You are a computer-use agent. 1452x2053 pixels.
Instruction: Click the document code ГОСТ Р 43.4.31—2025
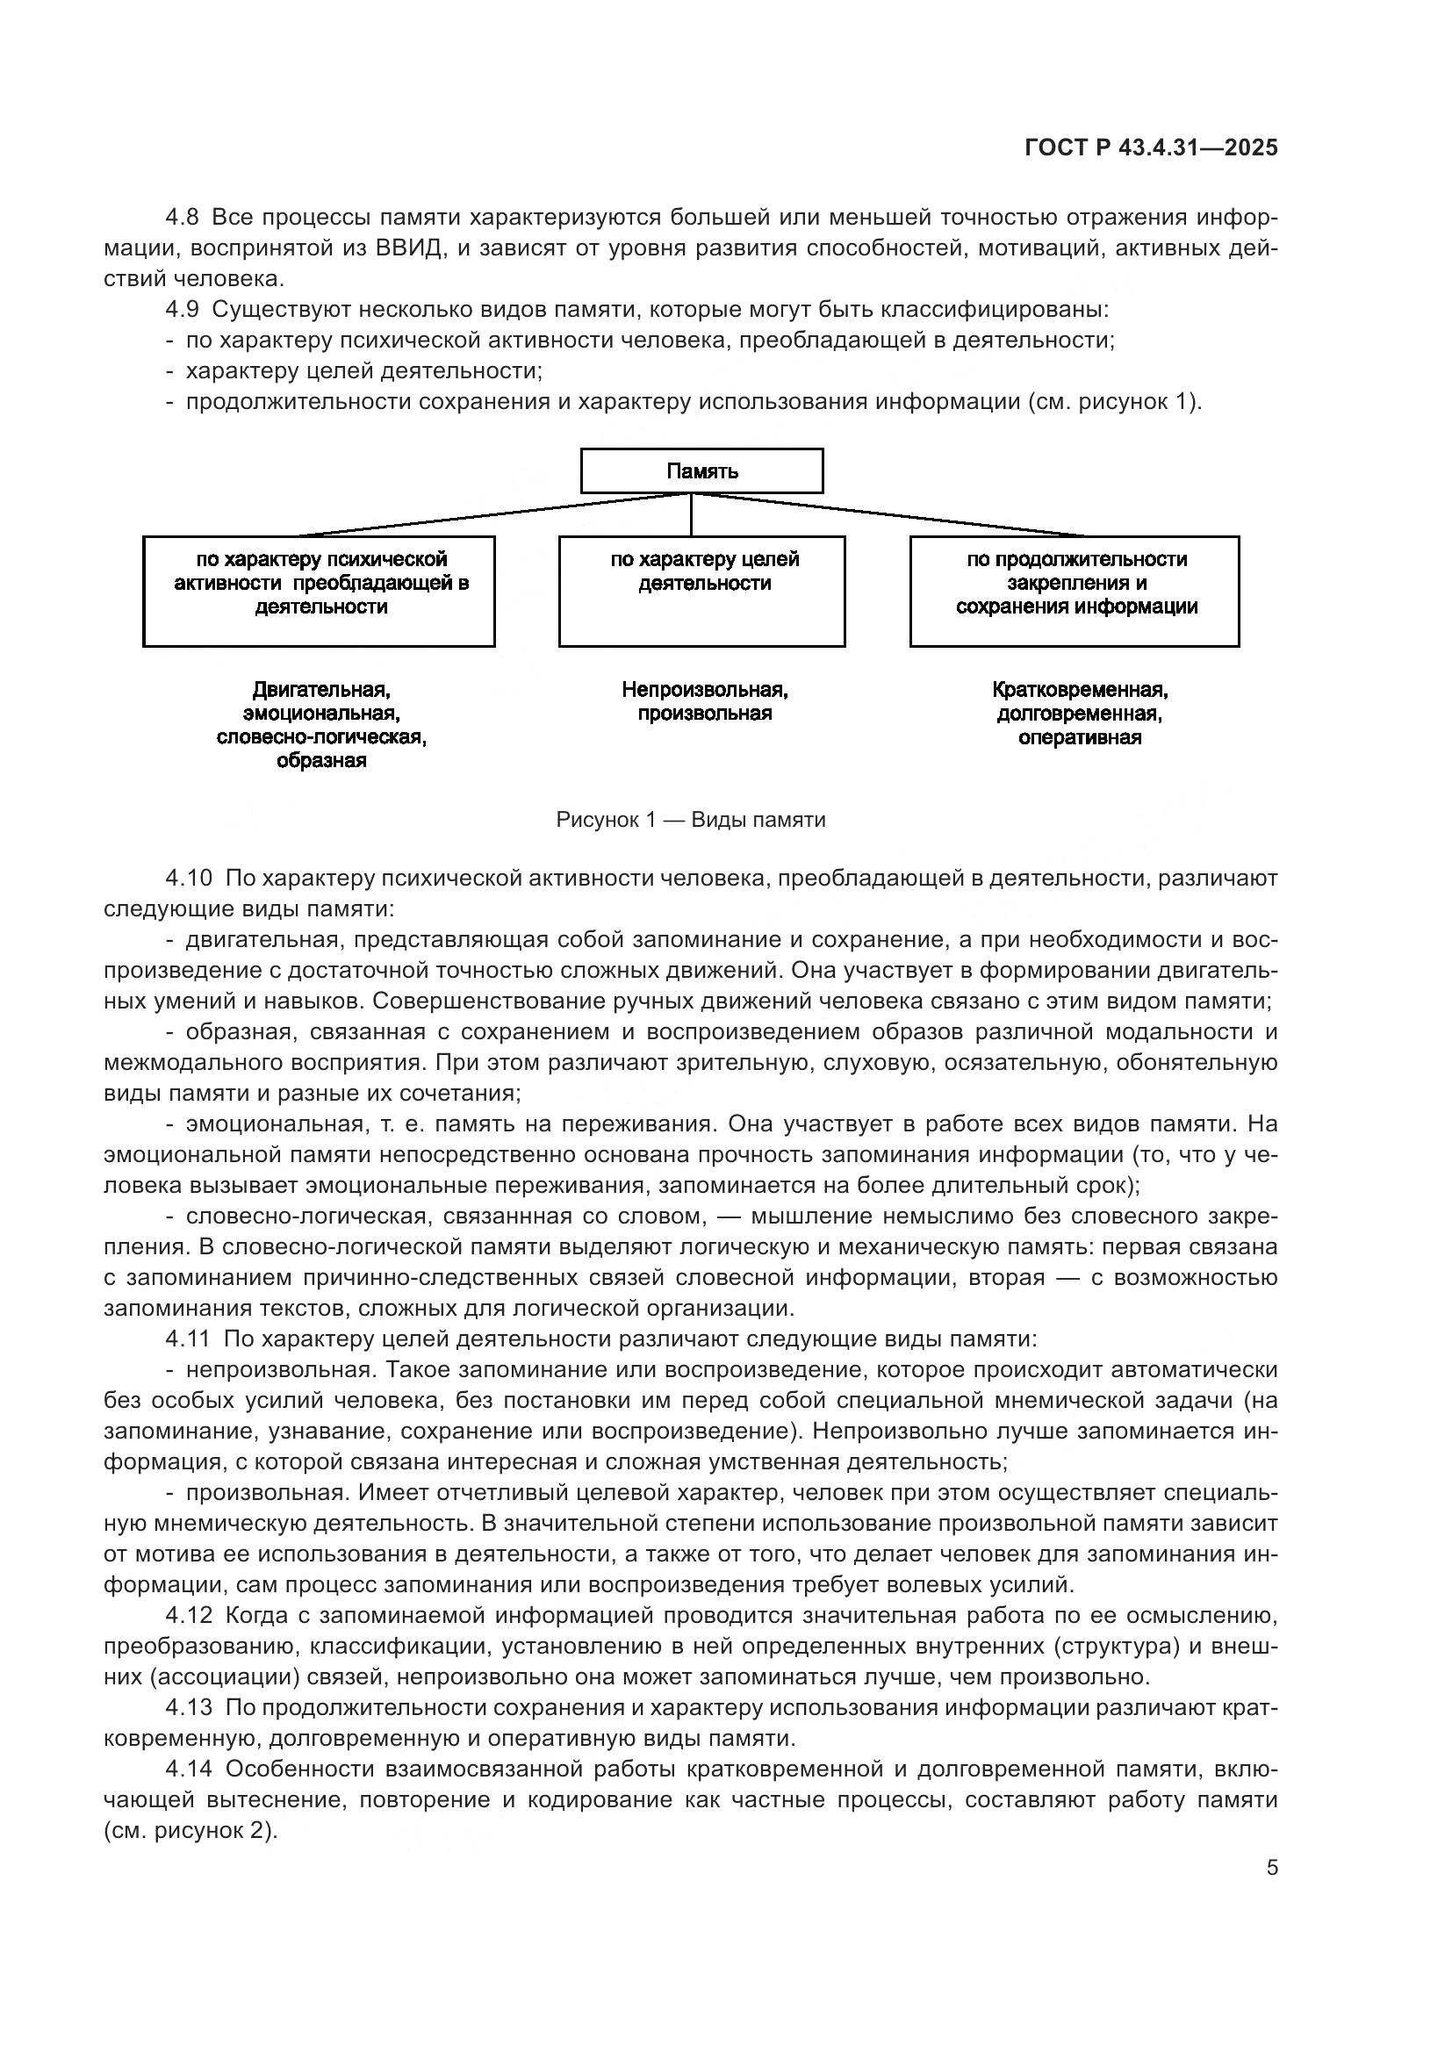[1151, 147]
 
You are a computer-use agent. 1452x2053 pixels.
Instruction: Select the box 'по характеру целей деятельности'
[702, 590]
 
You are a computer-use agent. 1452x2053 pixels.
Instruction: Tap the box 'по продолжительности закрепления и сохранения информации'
[1074, 590]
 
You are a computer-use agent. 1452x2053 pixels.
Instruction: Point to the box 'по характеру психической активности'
[320, 590]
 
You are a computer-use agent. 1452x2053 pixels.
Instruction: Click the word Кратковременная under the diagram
[1079, 689]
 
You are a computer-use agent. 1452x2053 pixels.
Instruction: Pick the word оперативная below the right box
[1079, 737]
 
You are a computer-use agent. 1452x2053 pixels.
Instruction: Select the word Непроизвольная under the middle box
[705, 689]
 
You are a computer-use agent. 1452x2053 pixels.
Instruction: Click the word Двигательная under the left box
[321, 689]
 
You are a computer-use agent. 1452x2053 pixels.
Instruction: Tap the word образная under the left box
[321, 761]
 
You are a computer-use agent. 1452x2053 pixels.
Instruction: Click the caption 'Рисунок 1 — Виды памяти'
[690, 819]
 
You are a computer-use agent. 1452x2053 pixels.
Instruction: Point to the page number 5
[1271, 1867]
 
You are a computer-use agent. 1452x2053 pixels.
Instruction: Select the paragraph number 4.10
[189, 877]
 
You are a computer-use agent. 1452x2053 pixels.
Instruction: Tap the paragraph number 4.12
[189, 1615]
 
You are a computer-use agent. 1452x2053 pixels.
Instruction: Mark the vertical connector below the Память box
[691, 514]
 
